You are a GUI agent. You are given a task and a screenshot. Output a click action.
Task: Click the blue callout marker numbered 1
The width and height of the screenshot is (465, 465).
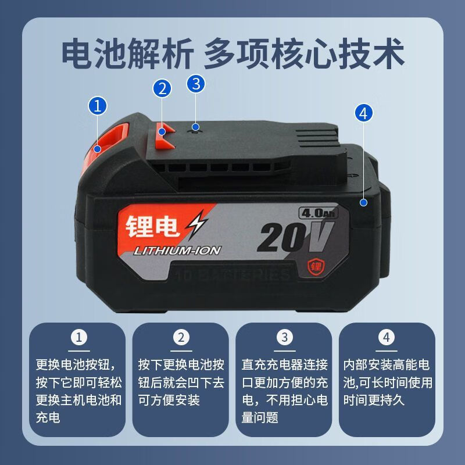pyautogui.click(x=98, y=106)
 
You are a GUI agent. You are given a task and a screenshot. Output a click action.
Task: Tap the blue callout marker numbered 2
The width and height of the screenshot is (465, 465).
pyautogui.click(x=163, y=89)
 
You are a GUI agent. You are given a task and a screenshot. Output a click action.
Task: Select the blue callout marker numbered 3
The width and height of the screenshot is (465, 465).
pyautogui.click(x=196, y=83)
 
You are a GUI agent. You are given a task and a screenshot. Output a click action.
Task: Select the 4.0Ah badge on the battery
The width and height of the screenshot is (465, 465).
pyautogui.click(x=314, y=212)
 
